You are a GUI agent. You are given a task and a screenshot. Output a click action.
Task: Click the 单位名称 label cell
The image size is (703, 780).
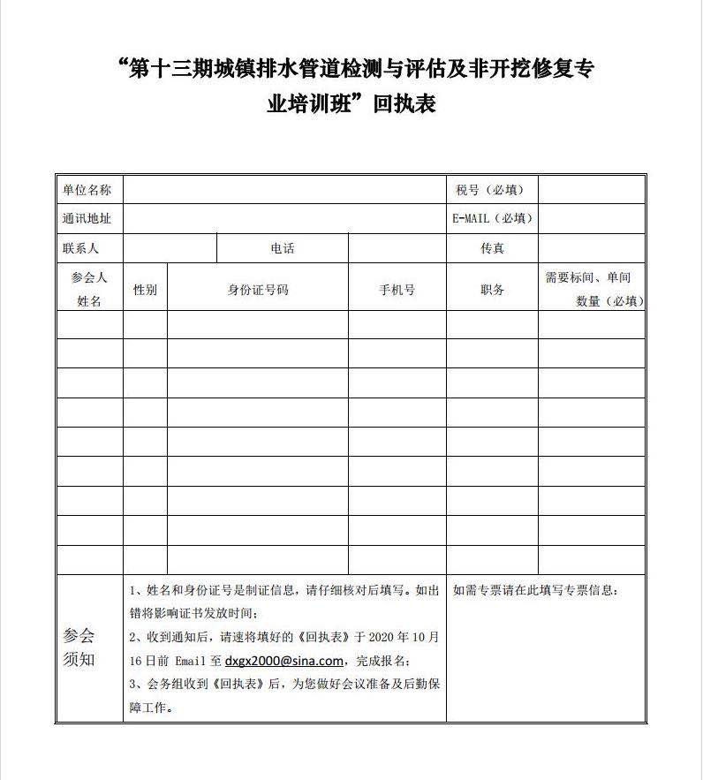[87, 190]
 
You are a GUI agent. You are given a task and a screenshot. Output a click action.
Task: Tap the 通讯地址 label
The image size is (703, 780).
[87, 219]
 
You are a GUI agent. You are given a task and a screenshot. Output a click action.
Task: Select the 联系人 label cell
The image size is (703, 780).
[81, 248]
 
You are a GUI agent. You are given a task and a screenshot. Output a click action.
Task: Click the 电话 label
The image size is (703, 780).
[283, 248]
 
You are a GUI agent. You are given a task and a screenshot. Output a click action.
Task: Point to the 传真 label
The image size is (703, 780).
[492, 248]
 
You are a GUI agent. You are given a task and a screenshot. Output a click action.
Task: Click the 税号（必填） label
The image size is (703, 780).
[490, 190]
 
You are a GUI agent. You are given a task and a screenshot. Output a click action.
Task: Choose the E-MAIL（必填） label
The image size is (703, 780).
[492, 219]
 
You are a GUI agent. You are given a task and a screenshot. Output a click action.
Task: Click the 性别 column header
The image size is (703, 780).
[145, 290]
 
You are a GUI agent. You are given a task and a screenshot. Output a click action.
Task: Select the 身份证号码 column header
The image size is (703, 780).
[258, 290]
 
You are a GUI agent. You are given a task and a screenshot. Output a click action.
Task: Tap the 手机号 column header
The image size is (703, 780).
[397, 290]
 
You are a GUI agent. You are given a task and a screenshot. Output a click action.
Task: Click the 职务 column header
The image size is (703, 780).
[492, 290]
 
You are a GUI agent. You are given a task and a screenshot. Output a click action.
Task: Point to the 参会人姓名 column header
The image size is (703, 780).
[89, 289]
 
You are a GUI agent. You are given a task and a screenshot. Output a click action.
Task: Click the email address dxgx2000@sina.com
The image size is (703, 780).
[283, 661]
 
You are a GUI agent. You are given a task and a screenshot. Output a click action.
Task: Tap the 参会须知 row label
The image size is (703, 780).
[79, 647]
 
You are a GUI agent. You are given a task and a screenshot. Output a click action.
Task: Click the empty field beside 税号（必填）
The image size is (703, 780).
[592, 190]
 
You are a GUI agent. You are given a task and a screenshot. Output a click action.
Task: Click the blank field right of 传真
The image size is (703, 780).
[592, 248]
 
